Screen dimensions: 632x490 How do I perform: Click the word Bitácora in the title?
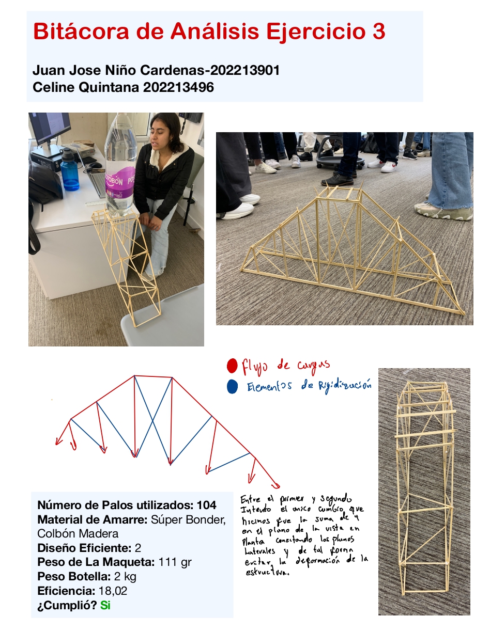click(81, 31)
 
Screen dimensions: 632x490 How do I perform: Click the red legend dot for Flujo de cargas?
click(232, 367)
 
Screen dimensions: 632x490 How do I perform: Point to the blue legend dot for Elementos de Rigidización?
click(232, 387)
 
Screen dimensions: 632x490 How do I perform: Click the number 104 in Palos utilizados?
click(206, 505)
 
